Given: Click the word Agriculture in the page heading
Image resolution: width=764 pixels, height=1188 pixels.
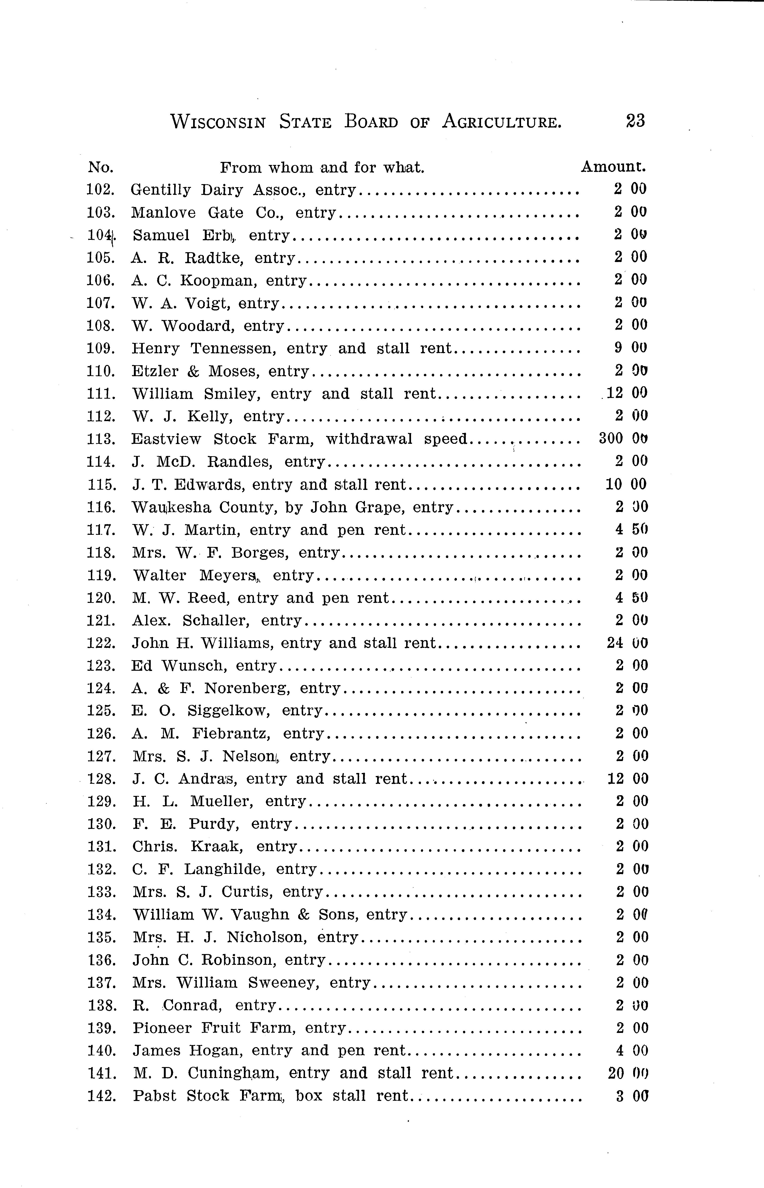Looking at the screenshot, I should click(x=502, y=121).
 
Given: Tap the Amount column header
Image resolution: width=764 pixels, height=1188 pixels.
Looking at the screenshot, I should click(x=613, y=167).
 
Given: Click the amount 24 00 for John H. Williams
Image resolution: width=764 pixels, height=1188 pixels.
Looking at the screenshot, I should click(x=627, y=643).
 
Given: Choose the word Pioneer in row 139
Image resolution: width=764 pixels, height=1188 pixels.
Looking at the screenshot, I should click(x=162, y=1028).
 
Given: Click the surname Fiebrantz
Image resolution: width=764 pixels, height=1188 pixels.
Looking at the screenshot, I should click(x=231, y=733).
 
